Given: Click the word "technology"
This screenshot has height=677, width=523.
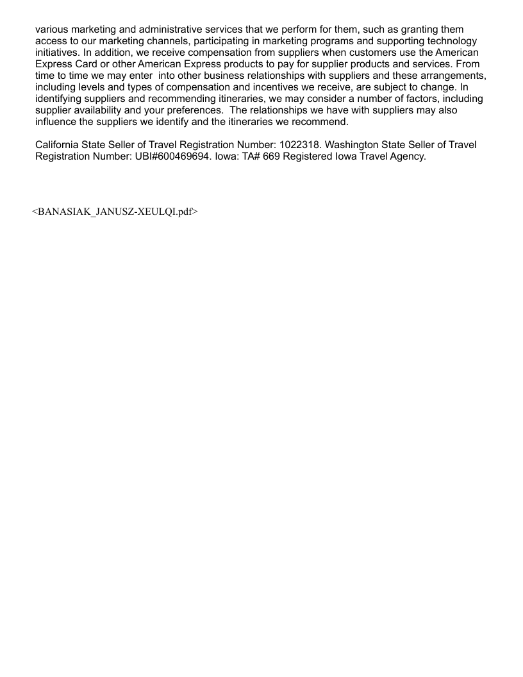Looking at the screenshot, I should (447, 41).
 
